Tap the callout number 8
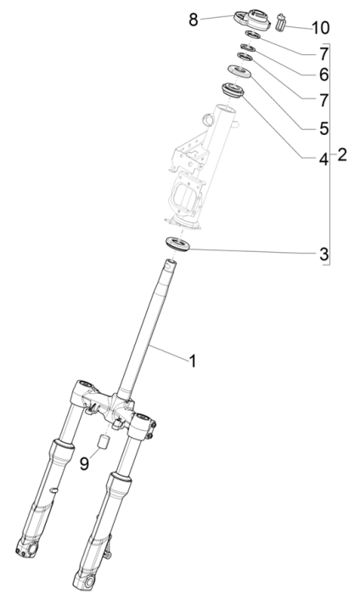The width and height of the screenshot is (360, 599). (x=194, y=18)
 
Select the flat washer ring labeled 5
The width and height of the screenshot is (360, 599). (x=238, y=72)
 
